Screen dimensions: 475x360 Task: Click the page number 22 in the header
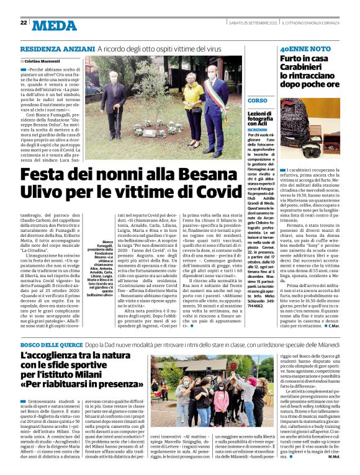(x=23, y=22)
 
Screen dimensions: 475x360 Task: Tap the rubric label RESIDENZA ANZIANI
(x=57, y=49)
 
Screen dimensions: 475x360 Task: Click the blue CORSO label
(x=258, y=100)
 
